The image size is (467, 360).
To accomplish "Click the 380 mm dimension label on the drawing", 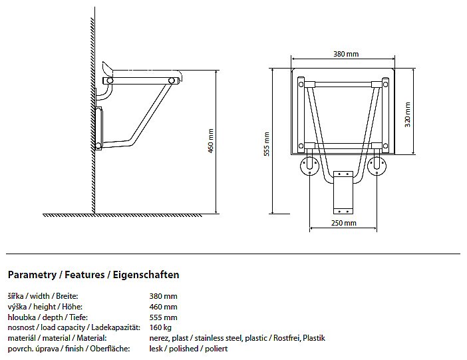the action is pyautogui.click(x=346, y=55).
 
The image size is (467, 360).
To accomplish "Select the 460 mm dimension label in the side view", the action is pyautogui.click(x=211, y=141).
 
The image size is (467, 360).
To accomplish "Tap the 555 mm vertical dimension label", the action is pyautogui.click(x=267, y=144).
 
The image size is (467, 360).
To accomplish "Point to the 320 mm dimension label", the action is pyautogui.click(x=408, y=114).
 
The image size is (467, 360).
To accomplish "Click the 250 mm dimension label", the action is pyautogui.click(x=344, y=223).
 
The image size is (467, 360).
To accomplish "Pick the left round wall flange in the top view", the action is pyautogui.click(x=310, y=166).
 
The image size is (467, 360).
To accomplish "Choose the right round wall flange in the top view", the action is pyautogui.click(x=377, y=166).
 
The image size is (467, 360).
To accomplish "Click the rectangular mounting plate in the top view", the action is pyautogui.click(x=343, y=192).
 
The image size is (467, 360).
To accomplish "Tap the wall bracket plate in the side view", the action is pyautogui.click(x=98, y=128).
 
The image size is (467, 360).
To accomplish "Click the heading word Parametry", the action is pyautogui.click(x=32, y=275).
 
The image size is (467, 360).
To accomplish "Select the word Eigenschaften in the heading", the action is pyautogui.click(x=146, y=274).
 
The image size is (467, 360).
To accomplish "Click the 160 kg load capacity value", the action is pyautogui.click(x=160, y=327).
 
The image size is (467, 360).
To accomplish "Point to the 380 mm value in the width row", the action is pyautogui.click(x=163, y=296).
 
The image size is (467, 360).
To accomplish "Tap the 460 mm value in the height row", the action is pyautogui.click(x=163, y=307).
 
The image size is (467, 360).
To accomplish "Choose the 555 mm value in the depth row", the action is pyautogui.click(x=163, y=317).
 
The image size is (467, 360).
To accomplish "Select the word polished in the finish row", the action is pyautogui.click(x=184, y=349).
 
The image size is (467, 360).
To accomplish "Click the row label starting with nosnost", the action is pyautogui.click(x=74, y=327).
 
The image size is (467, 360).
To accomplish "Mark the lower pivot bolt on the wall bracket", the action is pyautogui.click(x=98, y=146).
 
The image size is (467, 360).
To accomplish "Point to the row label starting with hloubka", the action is pyautogui.click(x=48, y=317).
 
